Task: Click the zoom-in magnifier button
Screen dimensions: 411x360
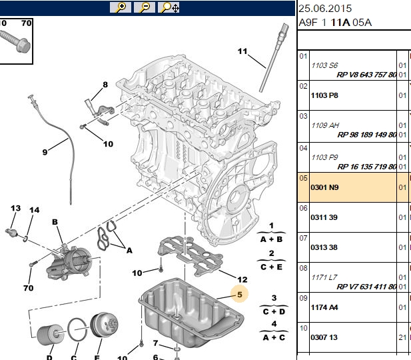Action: (x=121, y=7)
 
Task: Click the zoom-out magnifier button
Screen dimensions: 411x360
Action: (x=145, y=7)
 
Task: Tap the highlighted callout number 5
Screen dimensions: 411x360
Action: (x=240, y=295)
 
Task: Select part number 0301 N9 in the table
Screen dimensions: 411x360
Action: (x=324, y=187)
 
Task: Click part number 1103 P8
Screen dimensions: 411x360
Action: (x=324, y=95)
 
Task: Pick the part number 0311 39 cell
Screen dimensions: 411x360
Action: (x=324, y=217)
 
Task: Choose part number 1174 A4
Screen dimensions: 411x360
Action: (x=324, y=307)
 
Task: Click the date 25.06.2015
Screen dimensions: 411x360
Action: (x=325, y=9)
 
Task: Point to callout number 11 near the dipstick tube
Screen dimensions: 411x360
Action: (x=242, y=51)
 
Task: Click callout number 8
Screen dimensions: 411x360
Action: (x=105, y=85)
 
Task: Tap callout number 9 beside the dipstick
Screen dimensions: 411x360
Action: (x=45, y=152)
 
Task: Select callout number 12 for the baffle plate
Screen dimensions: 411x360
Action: (x=242, y=279)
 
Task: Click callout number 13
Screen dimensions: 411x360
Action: (x=15, y=208)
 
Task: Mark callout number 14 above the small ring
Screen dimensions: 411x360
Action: (x=35, y=210)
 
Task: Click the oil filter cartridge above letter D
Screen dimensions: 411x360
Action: (x=50, y=335)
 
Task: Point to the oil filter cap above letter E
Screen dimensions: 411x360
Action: (x=104, y=325)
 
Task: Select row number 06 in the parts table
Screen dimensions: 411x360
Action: (x=303, y=208)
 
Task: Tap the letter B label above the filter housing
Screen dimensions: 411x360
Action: (x=55, y=222)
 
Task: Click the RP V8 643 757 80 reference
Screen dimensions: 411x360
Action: (x=366, y=75)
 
